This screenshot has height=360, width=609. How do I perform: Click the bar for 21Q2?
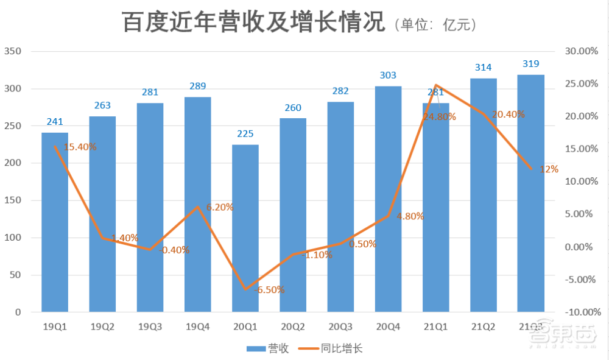483,195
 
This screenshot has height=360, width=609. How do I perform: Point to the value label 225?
245,134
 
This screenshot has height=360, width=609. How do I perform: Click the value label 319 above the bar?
530,64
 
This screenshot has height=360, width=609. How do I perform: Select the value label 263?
102,105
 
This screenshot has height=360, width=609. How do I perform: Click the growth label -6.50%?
269,290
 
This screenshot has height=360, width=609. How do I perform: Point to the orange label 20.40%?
508,114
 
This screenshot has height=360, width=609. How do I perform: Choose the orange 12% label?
549,169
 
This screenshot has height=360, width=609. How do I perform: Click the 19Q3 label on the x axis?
150,327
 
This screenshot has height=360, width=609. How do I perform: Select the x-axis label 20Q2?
293,327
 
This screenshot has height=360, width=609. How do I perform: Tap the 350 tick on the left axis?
13,52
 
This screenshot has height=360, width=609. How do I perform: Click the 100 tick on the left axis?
13,238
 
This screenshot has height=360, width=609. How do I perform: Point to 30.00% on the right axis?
581,52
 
